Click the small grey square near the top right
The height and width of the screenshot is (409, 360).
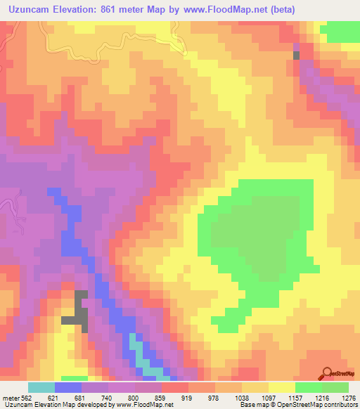pos(296,55)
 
